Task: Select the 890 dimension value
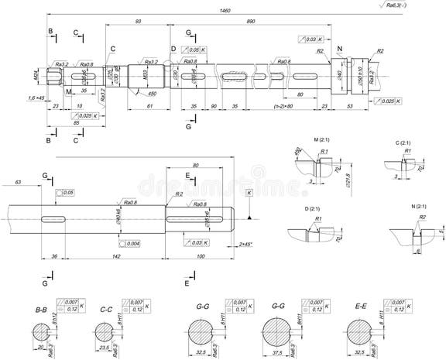(251, 22)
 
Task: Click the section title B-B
(40, 310)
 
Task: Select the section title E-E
(360, 307)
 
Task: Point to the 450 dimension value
(153, 93)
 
